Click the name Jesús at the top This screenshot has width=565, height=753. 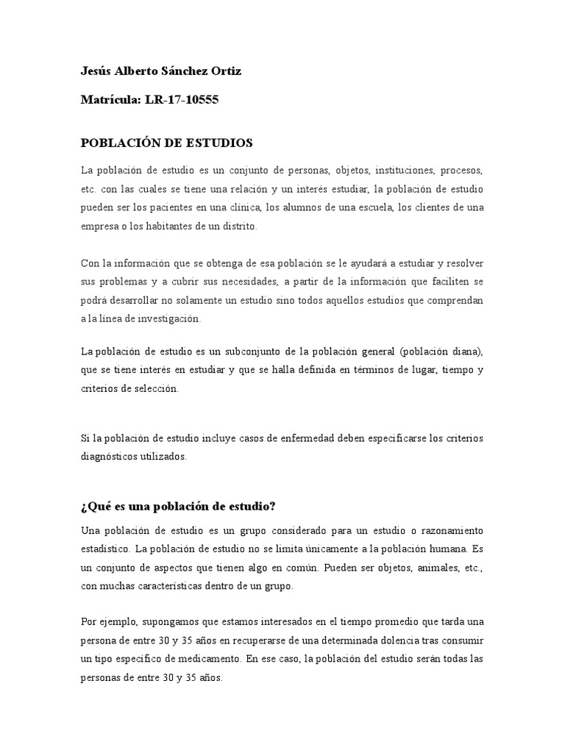tap(96, 71)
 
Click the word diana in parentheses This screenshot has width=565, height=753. tap(461, 351)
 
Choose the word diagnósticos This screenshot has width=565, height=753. tap(109, 457)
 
